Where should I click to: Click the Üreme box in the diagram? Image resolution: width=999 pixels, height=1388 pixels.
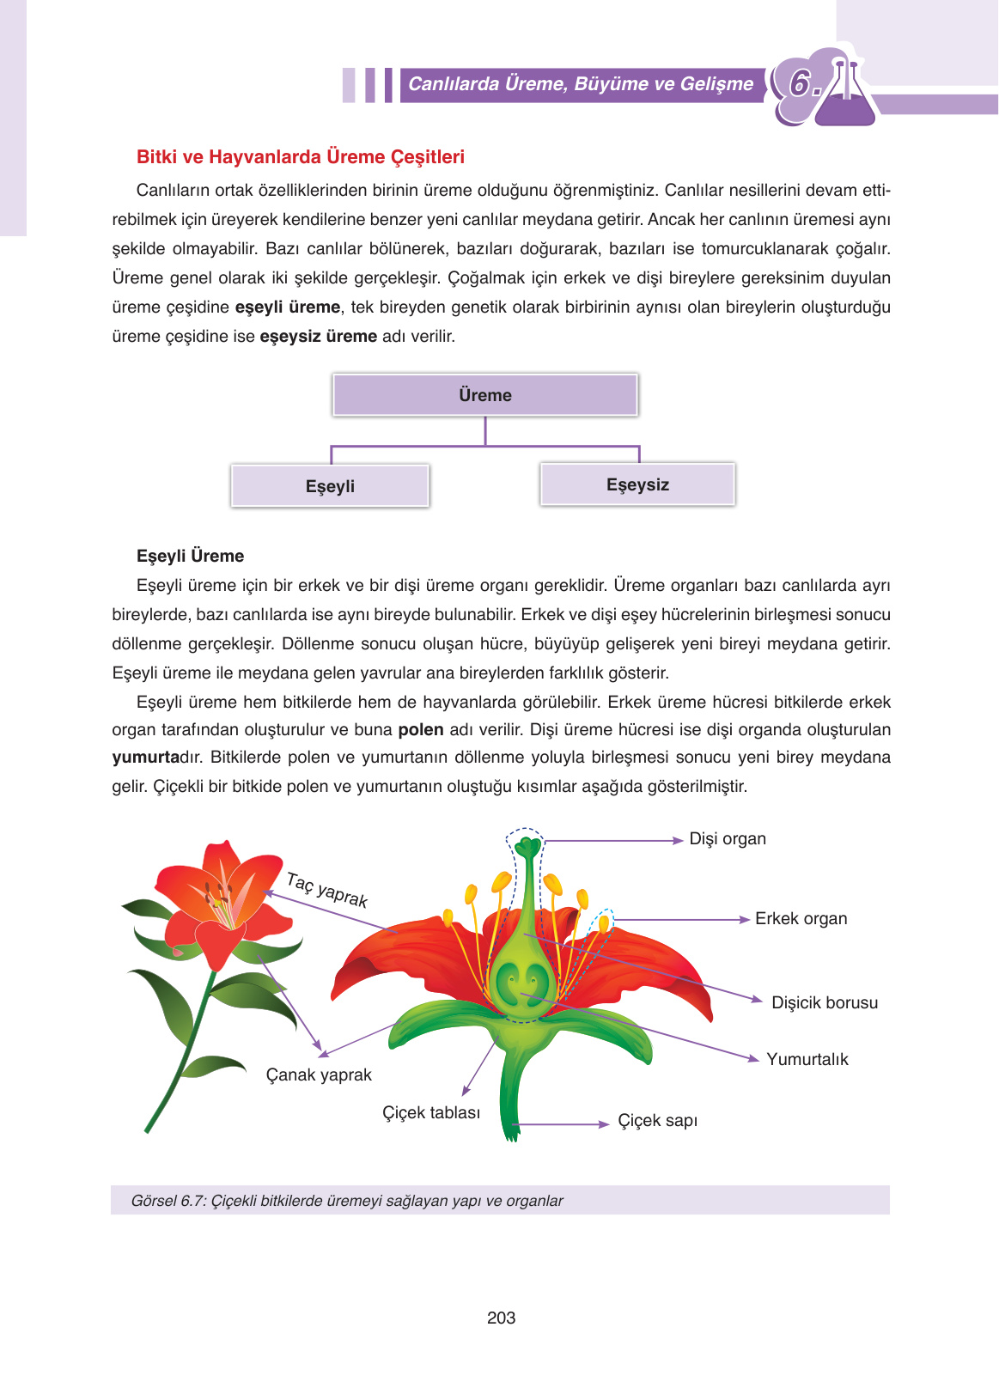[x=485, y=395]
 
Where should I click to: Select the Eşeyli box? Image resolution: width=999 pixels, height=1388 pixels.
[x=330, y=486]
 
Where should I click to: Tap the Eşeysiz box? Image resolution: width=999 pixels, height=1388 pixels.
[x=637, y=484]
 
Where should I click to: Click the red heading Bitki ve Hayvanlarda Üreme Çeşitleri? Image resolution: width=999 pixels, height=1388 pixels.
[x=301, y=157]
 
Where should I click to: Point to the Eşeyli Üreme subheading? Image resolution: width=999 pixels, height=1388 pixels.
[x=190, y=556]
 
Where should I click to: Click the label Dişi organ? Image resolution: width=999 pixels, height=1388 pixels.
[x=728, y=839]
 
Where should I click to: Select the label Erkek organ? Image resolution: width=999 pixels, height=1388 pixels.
[x=801, y=919]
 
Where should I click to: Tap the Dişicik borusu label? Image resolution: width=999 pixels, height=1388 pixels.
[x=825, y=1003]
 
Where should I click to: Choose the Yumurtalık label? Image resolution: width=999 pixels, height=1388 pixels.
[x=807, y=1060]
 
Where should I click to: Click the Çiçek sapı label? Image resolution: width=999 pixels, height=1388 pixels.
[x=657, y=1121]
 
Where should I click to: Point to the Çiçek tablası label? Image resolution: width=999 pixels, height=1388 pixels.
[x=431, y=1113]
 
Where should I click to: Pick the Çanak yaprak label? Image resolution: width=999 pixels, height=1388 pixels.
[x=319, y=1075]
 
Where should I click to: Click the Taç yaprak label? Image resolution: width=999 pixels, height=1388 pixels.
[x=326, y=891]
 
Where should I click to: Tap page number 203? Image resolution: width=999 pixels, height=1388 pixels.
[x=501, y=1318]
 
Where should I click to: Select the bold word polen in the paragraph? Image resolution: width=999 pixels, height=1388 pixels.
[x=421, y=730]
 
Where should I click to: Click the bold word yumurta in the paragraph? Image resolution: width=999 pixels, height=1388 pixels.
[x=144, y=758]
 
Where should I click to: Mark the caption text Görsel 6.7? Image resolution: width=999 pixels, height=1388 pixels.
[x=168, y=1201]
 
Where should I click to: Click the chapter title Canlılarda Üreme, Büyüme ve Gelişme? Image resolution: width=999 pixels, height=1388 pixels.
[x=581, y=84]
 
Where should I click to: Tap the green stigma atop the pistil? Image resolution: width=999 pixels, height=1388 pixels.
[x=527, y=847]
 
